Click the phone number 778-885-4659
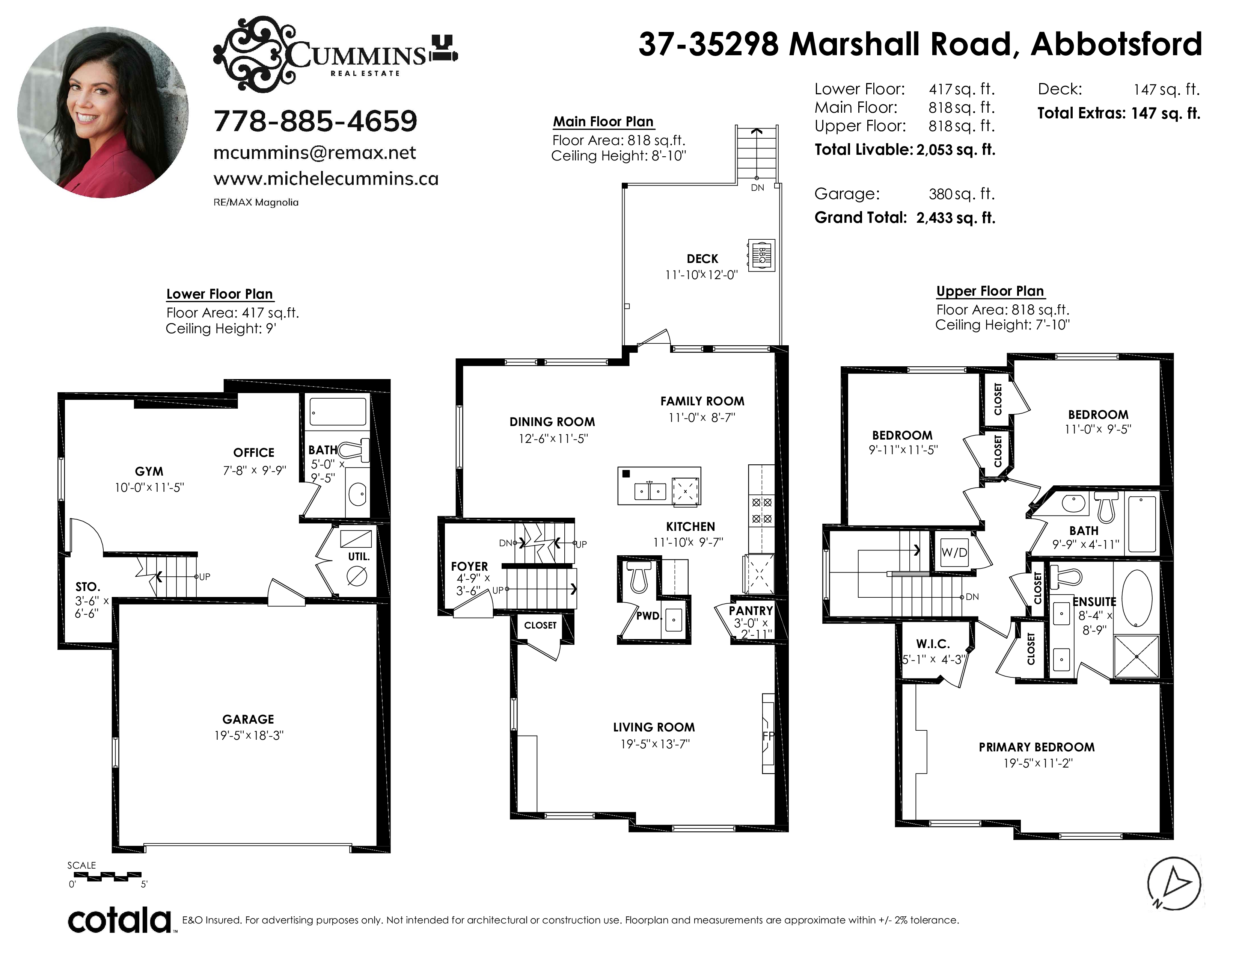315,121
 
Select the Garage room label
248,719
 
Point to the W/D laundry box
954,552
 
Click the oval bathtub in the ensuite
1137,598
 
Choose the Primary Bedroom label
1037,747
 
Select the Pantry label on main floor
751,610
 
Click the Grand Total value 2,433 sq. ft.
956,218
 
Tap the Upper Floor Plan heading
990,291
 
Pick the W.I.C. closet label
933,644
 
